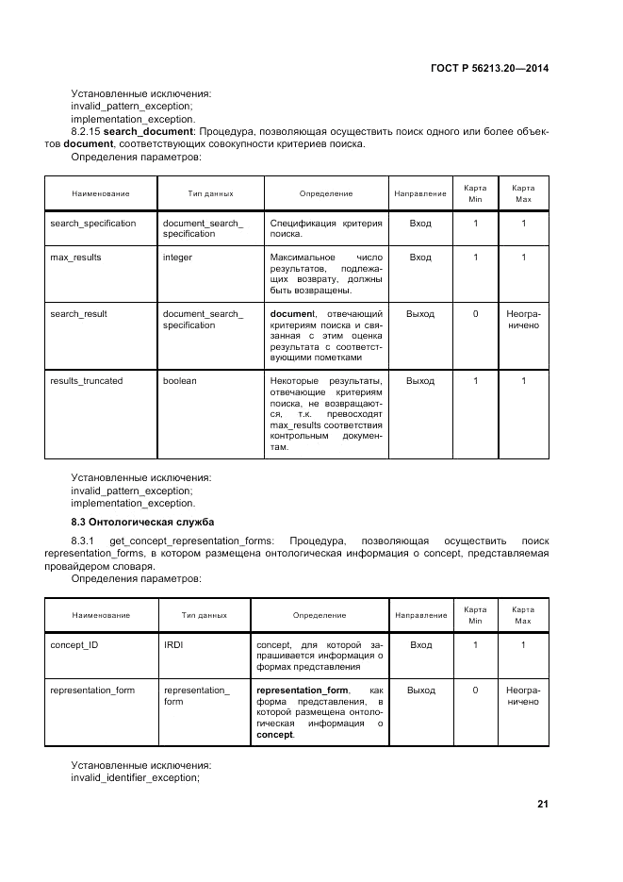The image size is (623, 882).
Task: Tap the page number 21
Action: coord(542,804)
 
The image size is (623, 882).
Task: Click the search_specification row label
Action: coord(92,224)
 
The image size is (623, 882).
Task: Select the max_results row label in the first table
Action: coord(75,257)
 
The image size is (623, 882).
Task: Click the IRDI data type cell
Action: coord(174,644)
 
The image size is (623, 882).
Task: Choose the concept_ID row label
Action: coord(74,644)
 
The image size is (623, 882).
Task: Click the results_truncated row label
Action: coord(86,381)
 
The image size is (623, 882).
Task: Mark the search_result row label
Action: coord(78,313)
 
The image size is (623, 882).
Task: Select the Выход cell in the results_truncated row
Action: coord(420,381)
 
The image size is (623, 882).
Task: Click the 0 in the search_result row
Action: coord(475,313)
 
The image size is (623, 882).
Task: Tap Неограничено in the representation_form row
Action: coord(522,695)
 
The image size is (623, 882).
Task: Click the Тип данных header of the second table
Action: coord(205,615)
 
